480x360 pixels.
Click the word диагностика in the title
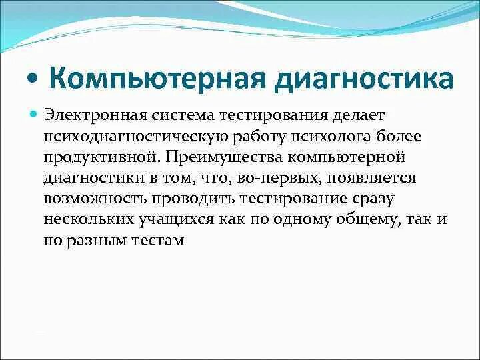click(x=363, y=78)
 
